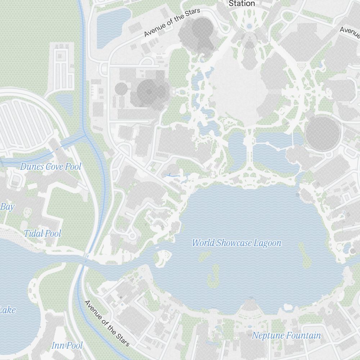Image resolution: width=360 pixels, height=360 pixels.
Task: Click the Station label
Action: point(242,4)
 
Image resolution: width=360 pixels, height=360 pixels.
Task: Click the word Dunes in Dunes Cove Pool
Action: point(32,167)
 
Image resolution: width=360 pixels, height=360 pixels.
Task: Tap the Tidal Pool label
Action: point(42,234)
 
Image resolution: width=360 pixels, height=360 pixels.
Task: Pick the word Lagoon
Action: point(267,243)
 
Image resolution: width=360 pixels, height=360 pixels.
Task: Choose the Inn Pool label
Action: point(67,346)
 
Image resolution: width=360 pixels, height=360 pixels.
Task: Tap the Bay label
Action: point(7,207)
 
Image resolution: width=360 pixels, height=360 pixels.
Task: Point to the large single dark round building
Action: point(323,134)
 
